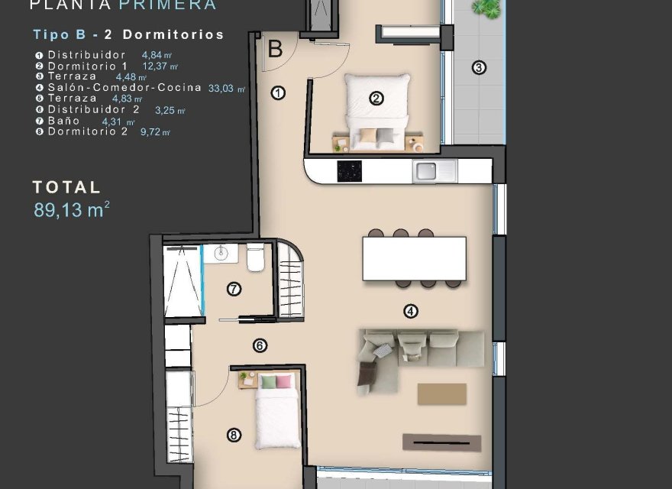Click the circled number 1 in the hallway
(x=278, y=93)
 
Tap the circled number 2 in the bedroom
(x=376, y=98)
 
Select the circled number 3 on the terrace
(x=479, y=67)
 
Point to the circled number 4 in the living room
(x=411, y=311)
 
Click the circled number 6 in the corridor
(x=260, y=345)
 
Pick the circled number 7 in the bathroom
(x=234, y=289)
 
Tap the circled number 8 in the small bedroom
(x=234, y=436)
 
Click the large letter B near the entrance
(x=275, y=50)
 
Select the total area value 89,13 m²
(x=71, y=210)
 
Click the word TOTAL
(x=66, y=187)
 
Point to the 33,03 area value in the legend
(x=225, y=88)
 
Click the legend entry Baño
(x=63, y=121)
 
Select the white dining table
(x=414, y=258)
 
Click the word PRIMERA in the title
(x=167, y=5)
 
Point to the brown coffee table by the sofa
(x=441, y=393)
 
